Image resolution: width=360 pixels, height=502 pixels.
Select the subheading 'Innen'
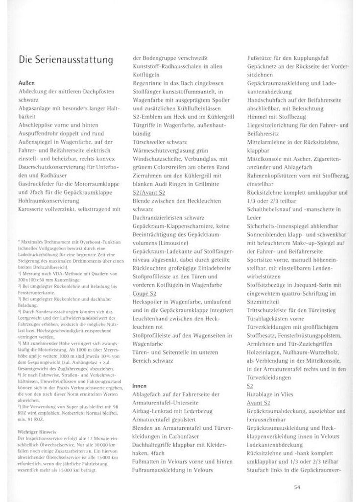pos(140,385)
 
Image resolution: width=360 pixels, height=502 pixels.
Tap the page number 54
pos(297,487)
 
